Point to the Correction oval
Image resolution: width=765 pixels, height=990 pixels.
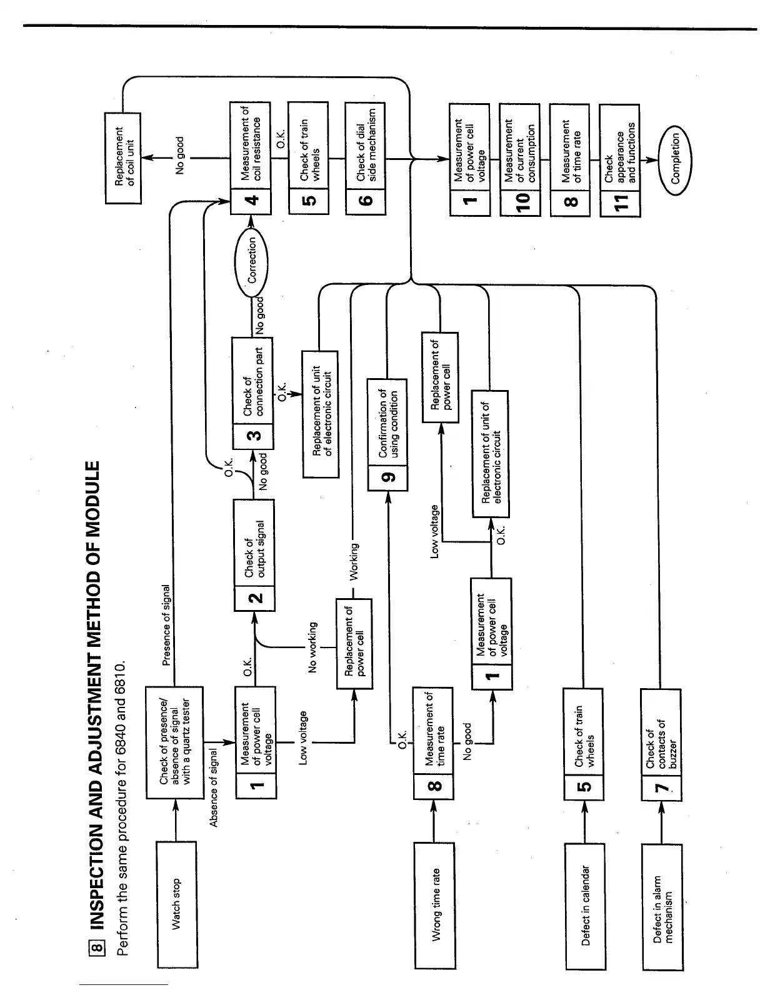(251, 260)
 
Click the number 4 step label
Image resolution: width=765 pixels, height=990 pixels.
(251, 201)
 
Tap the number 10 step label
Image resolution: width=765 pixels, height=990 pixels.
(521, 201)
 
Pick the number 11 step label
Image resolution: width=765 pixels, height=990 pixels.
(619, 201)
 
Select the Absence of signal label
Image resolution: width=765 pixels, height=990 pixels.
(214, 787)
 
